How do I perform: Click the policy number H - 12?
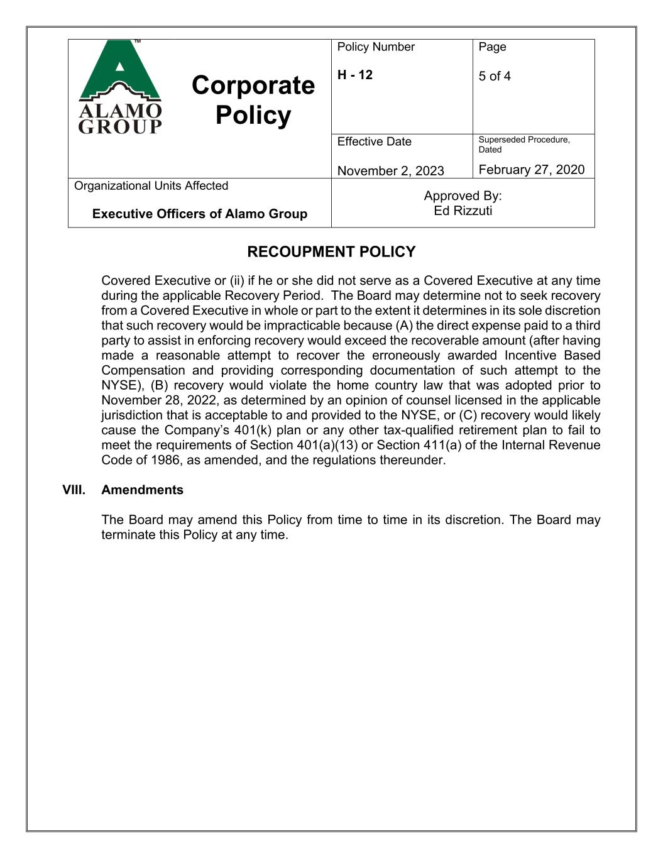354,75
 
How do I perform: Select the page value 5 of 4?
495,76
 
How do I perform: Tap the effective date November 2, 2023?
390,170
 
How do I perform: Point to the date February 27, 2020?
531,169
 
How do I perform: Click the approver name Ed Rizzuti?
463,211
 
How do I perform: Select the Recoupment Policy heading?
331,252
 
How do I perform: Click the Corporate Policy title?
253,100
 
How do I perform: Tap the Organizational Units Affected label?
151,185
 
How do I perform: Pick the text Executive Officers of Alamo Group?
199,214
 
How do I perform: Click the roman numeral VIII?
74,490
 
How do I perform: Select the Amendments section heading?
142,490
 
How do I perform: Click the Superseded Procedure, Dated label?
523,144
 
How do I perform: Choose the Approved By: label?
463,195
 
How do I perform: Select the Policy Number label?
376,47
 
